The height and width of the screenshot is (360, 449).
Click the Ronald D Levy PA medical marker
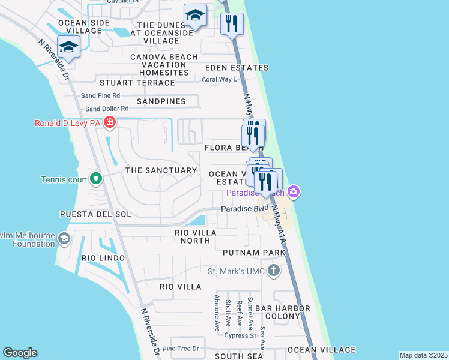109,124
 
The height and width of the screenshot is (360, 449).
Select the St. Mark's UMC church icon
274,270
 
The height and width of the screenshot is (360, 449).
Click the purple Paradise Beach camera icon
294,192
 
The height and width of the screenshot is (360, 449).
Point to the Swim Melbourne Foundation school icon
63,239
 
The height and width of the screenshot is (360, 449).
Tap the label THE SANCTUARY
161,170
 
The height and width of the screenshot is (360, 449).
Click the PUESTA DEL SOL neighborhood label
95,214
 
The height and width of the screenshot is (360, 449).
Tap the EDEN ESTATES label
237,68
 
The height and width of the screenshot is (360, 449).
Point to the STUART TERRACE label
137,83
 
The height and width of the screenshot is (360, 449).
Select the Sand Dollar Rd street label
107,109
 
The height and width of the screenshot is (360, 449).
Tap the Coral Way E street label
219,79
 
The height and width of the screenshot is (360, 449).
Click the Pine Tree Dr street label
180,349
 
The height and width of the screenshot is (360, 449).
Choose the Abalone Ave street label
217,313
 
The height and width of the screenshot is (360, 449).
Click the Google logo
20,353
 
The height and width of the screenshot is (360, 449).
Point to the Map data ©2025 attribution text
424,355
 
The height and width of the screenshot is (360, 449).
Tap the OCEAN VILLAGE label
321,349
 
